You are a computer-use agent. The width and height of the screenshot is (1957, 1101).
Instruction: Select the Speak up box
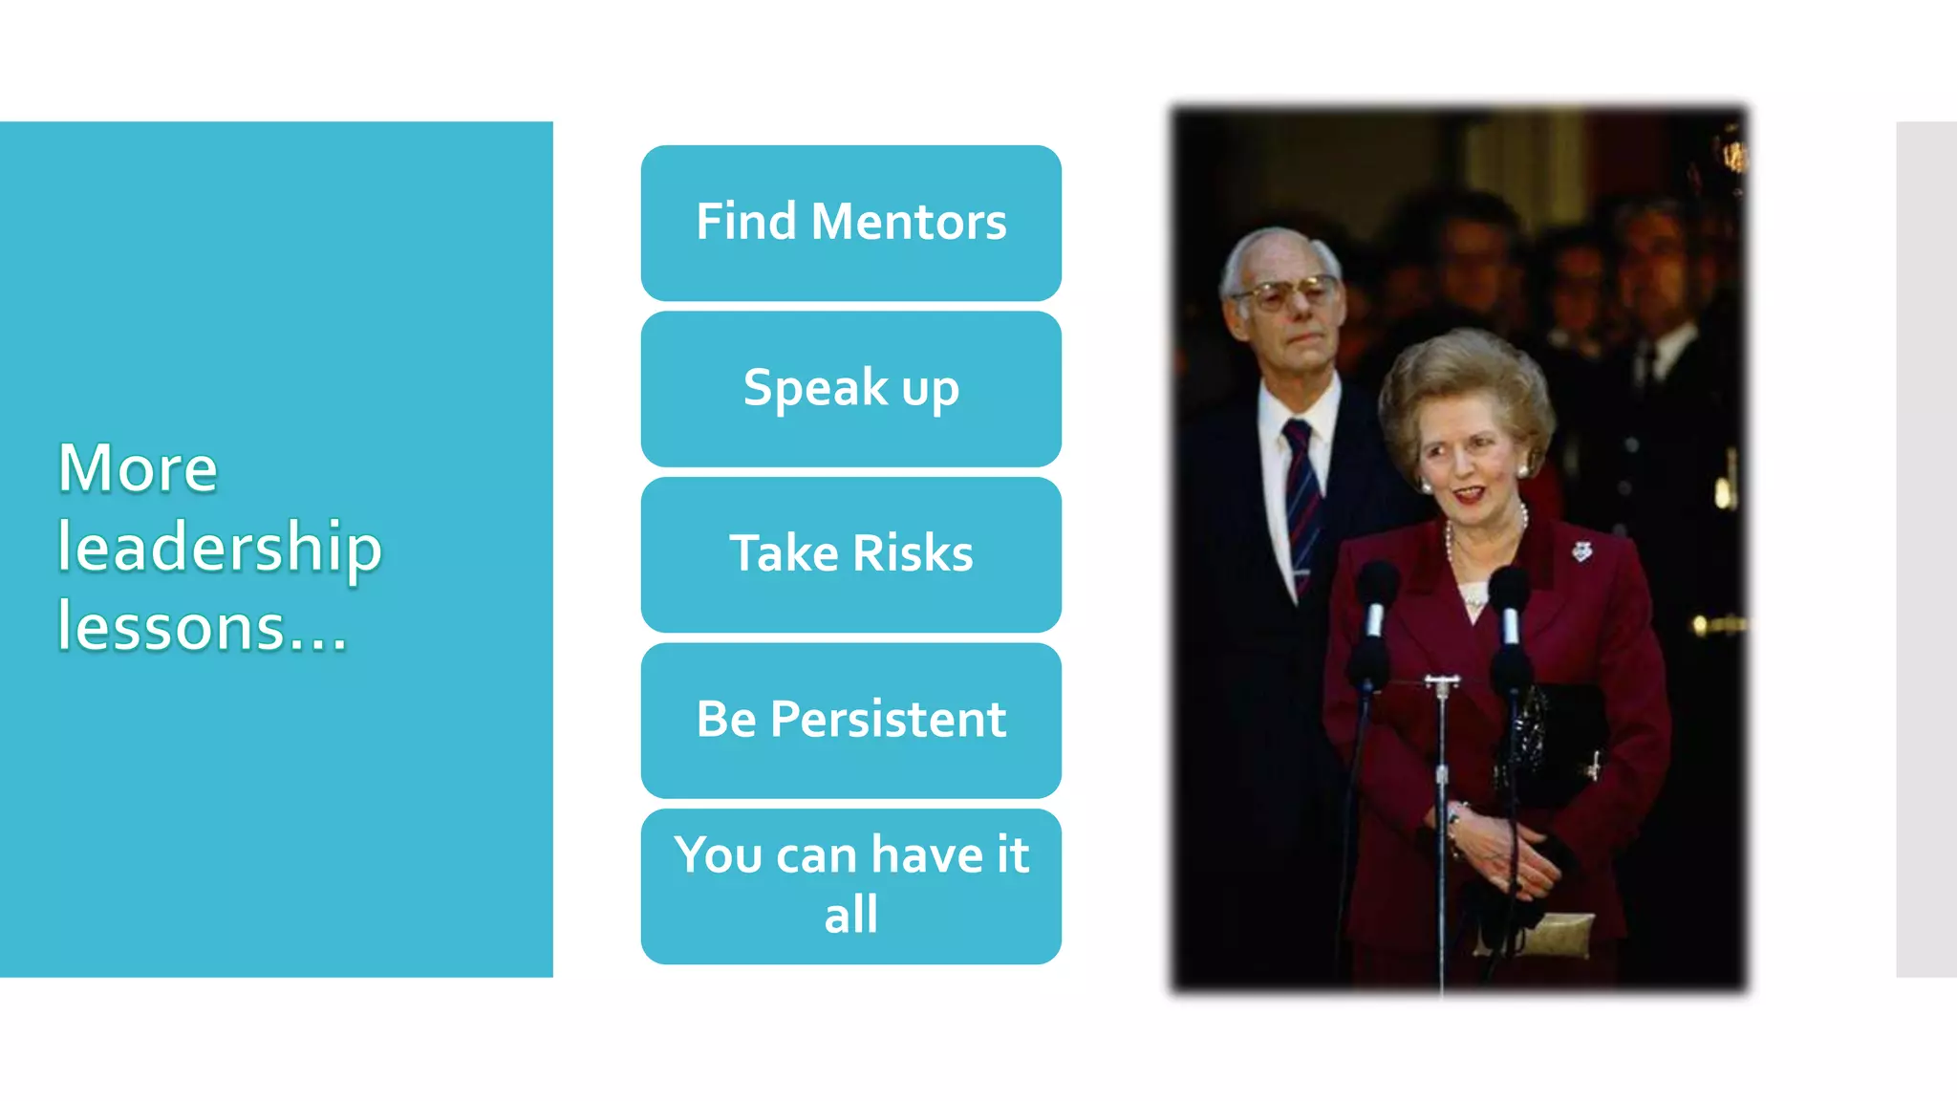click(850, 389)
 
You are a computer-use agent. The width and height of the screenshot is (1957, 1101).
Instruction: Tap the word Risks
click(913, 553)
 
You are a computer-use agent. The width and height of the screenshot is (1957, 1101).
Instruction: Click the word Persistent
click(888, 720)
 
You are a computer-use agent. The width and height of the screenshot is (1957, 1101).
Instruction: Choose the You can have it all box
click(850, 886)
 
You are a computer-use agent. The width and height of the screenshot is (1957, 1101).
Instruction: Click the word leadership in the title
click(220, 549)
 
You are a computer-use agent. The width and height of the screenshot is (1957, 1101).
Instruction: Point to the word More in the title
click(138, 468)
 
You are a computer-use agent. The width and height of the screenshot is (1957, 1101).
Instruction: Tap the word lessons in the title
click(172, 628)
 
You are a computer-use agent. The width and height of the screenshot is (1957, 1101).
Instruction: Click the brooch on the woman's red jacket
click(1582, 550)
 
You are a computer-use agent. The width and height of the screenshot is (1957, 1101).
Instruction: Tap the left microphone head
click(1377, 584)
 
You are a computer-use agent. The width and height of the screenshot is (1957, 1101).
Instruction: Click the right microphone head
click(1509, 589)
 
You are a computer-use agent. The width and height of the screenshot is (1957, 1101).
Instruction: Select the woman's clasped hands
click(1510, 851)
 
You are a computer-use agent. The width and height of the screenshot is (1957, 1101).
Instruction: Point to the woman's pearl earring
click(1522, 471)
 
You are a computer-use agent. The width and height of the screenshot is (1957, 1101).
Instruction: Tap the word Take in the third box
click(784, 553)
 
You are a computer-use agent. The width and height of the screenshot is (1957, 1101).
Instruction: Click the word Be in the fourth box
click(726, 720)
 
